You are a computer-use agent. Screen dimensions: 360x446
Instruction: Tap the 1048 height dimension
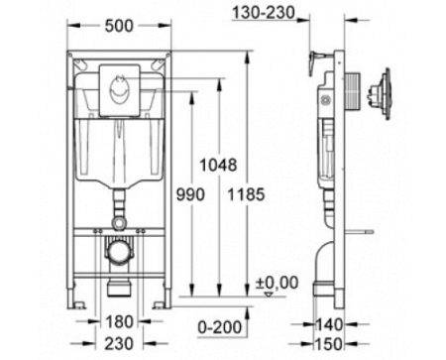click(x=218, y=165)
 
